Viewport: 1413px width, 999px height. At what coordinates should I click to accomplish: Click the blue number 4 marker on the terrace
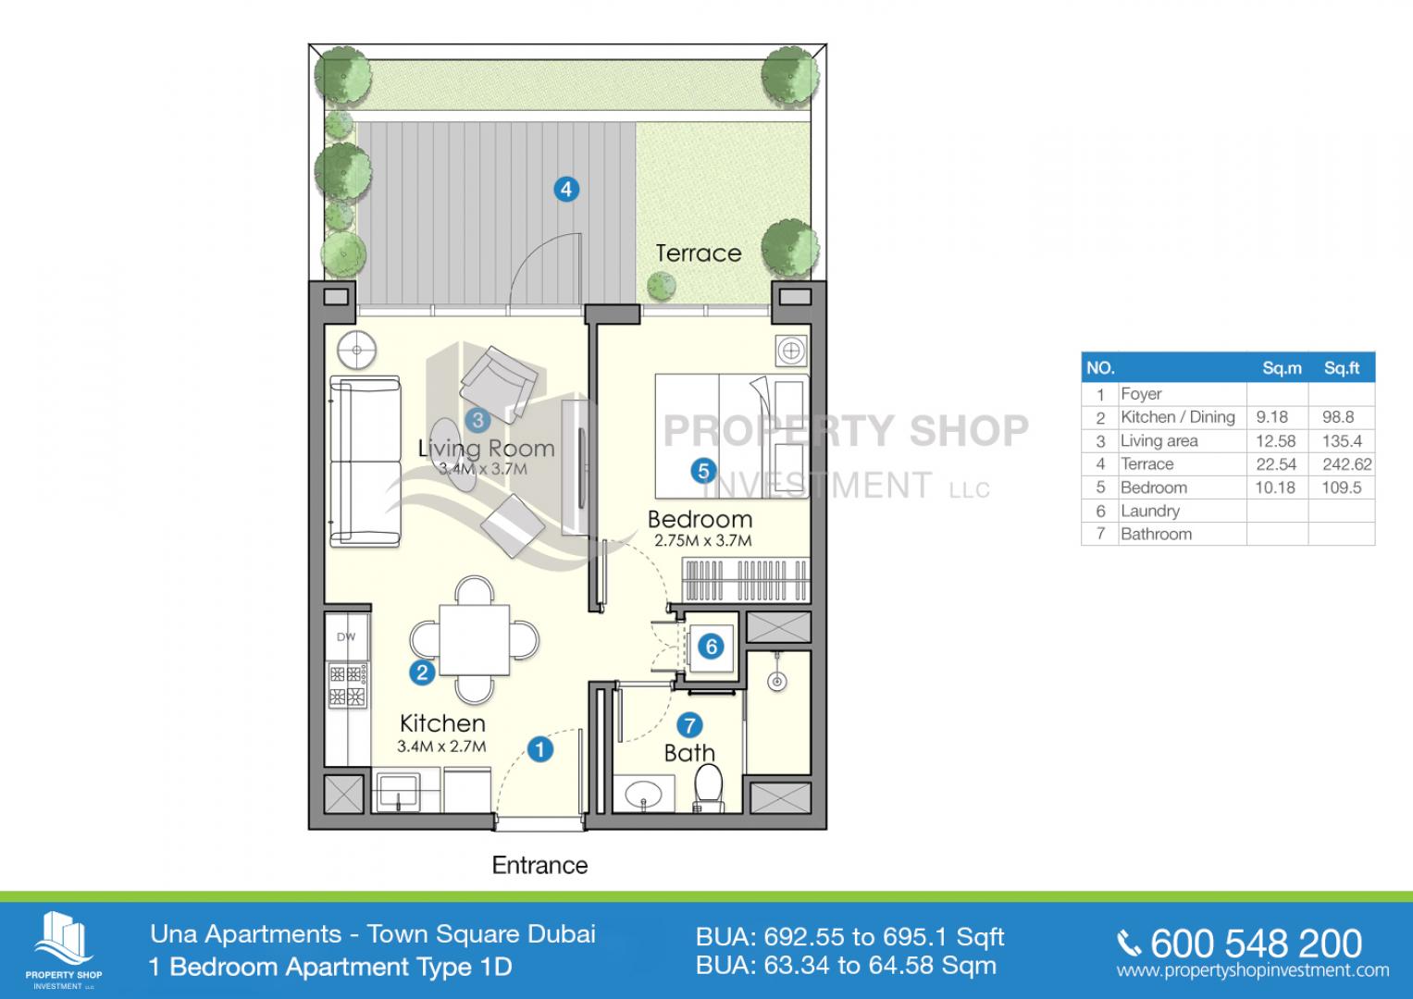click(x=566, y=190)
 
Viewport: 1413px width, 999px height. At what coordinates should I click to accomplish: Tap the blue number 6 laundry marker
click(x=711, y=647)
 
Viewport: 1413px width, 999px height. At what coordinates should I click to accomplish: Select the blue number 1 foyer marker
click(x=540, y=750)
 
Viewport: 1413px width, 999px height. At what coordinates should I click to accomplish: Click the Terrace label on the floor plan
click(x=699, y=253)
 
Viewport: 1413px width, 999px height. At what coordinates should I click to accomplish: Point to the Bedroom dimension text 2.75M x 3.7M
click(x=702, y=540)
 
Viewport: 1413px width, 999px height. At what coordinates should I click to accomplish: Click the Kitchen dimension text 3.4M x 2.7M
click(x=441, y=746)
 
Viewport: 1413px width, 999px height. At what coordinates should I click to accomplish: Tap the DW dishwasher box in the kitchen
click(x=346, y=636)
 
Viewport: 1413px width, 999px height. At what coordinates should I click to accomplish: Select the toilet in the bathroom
click(x=709, y=788)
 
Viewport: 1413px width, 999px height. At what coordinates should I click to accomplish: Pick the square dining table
click(x=475, y=640)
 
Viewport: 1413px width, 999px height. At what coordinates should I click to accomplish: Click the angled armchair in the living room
click(x=499, y=384)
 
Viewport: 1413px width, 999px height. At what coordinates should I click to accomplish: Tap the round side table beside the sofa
click(x=356, y=350)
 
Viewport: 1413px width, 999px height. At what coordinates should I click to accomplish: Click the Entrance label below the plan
click(x=539, y=865)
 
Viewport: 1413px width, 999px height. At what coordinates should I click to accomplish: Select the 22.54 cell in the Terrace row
click(x=1276, y=464)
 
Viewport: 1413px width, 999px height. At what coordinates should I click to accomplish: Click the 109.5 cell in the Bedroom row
click(x=1342, y=487)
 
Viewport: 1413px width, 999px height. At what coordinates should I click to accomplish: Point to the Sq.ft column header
click(x=1342, y=368)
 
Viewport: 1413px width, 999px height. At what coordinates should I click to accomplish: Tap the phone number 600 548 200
click(x=1256, y=944)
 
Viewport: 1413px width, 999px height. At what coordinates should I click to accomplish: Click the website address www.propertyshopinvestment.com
click(x=1253, y=970)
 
